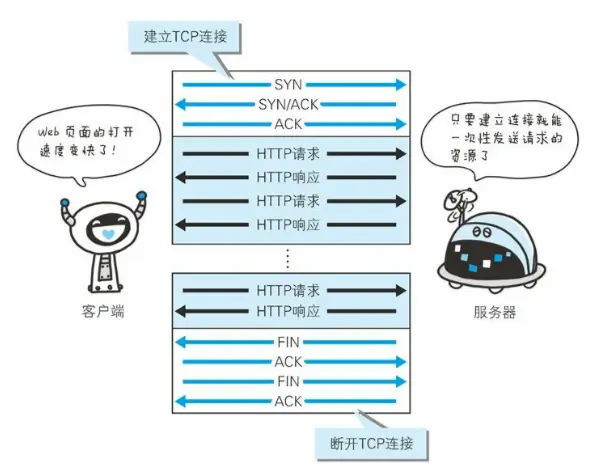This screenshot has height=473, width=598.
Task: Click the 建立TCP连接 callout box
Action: (187, 37)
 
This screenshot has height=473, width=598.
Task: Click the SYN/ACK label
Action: (288, 104)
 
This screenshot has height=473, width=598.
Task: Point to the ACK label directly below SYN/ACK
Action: (288, 123)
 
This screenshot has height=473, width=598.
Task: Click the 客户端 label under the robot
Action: (105, 313)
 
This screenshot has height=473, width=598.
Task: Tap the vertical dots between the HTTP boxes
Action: (288, 258)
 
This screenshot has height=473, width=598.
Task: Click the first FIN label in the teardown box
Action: (288, 343)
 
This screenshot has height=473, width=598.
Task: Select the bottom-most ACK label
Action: (288, 401)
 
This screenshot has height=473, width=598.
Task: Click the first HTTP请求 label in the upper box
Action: (288, 154)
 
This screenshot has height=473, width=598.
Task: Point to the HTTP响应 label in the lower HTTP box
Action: (288, 311)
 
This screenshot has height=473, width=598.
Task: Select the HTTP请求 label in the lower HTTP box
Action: (288, 291)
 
